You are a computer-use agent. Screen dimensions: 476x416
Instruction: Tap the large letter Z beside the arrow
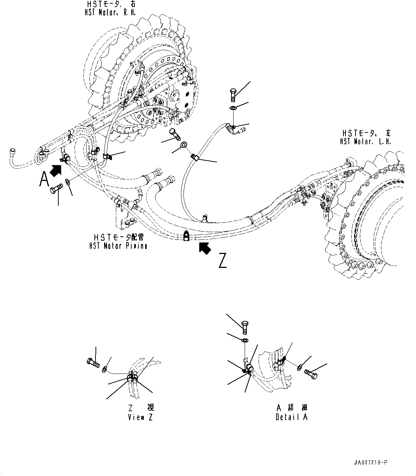click(x=222, y=261)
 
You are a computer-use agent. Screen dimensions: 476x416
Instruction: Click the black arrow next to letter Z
click(x=205, y=248)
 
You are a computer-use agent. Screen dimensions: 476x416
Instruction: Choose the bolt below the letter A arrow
click(x=56, y=188)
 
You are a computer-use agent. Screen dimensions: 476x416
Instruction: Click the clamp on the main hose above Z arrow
click(x=186, y=236)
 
